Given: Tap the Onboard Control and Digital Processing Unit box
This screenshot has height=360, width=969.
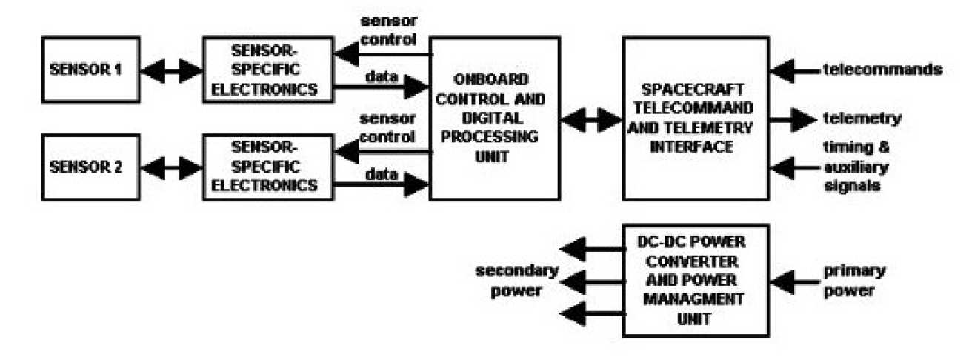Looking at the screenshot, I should pos(493,119).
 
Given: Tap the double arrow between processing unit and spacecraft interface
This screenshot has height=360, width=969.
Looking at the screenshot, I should pos(590,119).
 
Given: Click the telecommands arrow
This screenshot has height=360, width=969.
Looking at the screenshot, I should pos(793,71).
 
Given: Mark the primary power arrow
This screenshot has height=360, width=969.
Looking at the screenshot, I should pos(793,281).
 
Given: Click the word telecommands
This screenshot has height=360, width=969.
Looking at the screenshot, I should pos(882,70).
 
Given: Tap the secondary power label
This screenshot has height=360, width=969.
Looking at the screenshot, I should pos(510,280).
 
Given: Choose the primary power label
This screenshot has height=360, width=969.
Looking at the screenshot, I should pos(849,280).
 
